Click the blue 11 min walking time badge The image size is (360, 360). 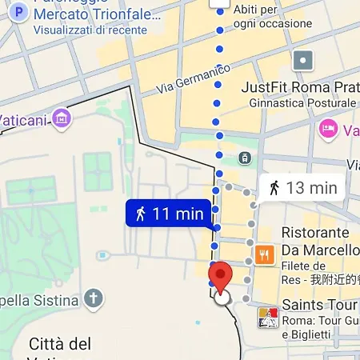(x=168, y=214)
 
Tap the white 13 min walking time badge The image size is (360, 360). (x=302, y=189)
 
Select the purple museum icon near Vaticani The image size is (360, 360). (x=60, y=119)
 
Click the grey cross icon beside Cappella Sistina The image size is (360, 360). (x=94, y=300)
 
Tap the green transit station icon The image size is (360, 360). (x=242, y=158)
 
